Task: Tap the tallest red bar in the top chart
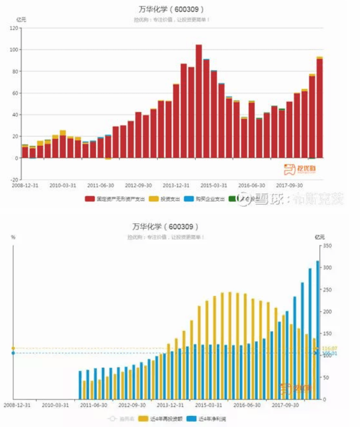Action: (x=199, y=101)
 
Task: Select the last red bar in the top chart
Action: (x=319, y=108)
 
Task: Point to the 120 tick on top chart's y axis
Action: (x=14, y=28)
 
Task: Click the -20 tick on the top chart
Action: (x=14, y=179)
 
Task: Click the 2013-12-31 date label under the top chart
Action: (x=176, y=186)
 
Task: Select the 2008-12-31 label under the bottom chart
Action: (x=17, y=405)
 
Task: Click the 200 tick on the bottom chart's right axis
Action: (x=328, y=312)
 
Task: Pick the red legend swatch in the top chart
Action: (x=90, y=199)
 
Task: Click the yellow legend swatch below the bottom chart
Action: (x=143, y=419)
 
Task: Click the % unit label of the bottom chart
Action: (x=13, y=237)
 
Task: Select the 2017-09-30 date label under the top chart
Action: (x=289, y=186)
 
